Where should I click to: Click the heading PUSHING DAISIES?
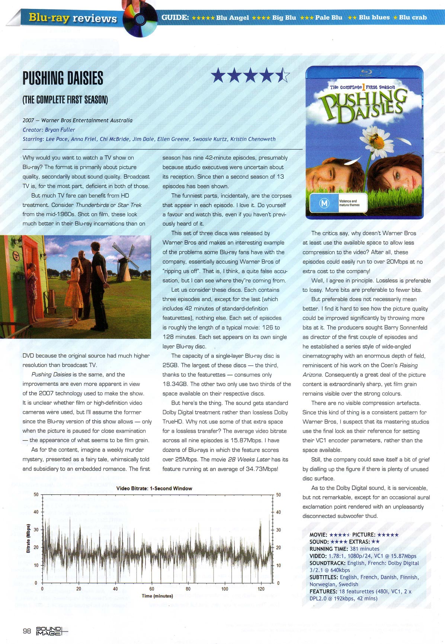63,78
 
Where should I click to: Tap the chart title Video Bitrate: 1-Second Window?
154,488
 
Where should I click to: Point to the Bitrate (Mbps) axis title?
28,538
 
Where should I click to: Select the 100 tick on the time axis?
225,589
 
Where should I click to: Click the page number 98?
27,631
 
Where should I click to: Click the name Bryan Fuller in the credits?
60,130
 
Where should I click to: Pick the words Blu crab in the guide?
413,17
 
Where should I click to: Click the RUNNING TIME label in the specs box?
329,549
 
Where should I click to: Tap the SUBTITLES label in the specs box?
324,577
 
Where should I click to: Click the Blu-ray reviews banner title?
73,18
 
